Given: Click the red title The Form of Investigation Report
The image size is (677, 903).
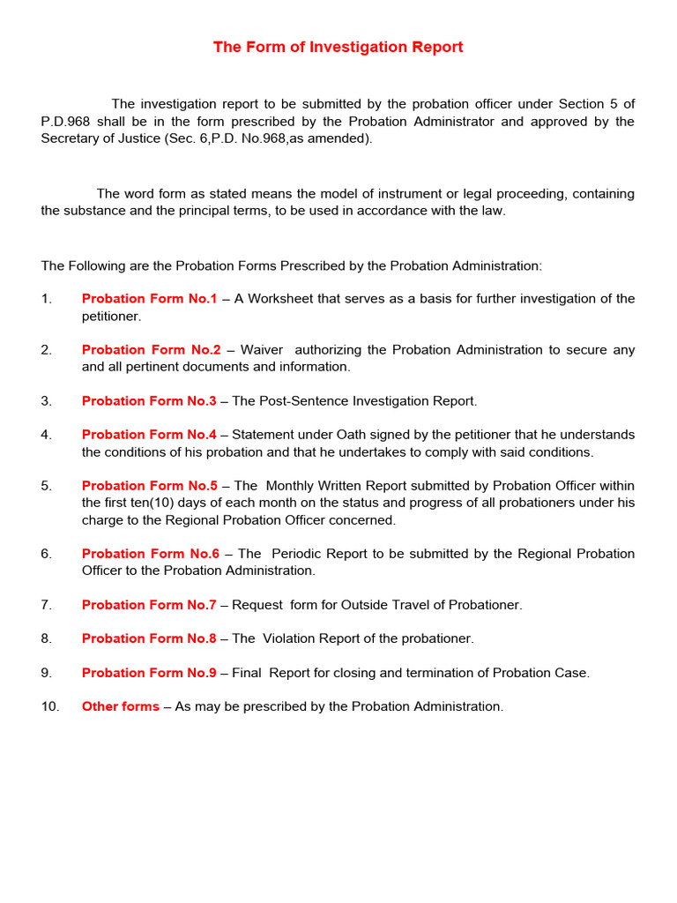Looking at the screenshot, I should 338,48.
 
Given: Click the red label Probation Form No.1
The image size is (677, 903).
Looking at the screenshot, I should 149,299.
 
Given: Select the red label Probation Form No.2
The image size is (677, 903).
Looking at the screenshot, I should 151,350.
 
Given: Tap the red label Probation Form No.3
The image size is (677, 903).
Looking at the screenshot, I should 149,401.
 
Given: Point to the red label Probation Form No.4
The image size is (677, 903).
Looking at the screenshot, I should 149,435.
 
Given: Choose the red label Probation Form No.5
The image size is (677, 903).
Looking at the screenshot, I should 149,486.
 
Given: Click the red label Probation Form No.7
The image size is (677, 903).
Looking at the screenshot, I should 149,605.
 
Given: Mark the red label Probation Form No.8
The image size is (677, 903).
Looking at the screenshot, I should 149,638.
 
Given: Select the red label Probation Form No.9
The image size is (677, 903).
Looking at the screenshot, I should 149,673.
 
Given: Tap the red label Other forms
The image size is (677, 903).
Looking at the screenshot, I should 121,706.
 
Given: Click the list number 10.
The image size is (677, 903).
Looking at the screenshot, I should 49,706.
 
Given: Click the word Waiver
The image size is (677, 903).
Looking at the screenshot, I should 261,350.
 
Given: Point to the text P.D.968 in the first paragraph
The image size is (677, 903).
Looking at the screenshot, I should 65,122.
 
